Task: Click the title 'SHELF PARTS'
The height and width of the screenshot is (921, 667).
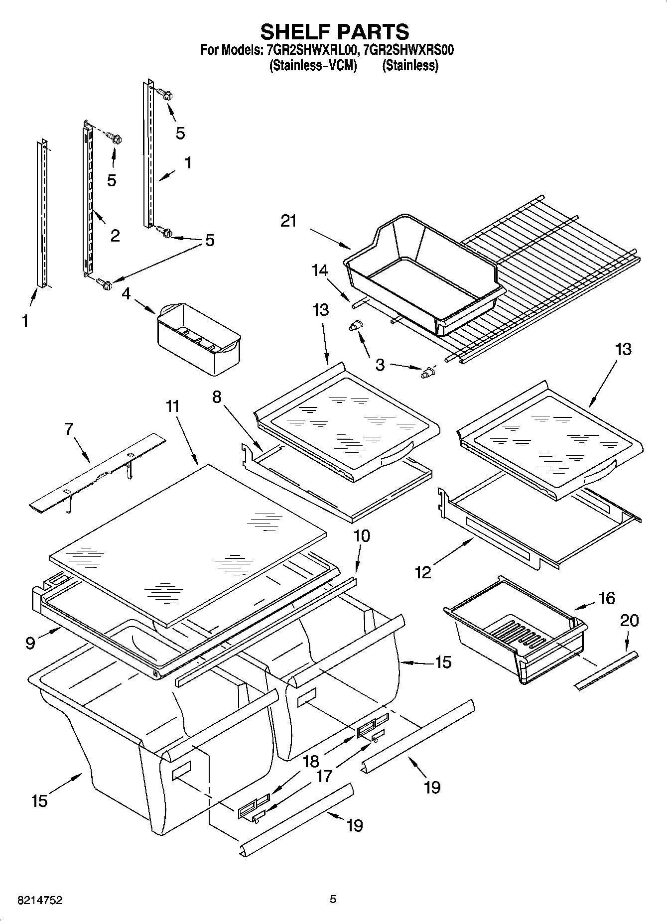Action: coord(334,32)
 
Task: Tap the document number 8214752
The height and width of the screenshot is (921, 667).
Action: coord(40,900)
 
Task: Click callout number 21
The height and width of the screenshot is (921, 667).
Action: coord(288,221)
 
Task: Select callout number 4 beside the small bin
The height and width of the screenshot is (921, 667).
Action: coord(127,294)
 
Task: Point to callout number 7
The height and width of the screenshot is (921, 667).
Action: coord(69,428)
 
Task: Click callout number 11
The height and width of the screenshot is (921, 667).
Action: coord(172,407)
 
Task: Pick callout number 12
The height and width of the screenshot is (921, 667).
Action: coord(423,572)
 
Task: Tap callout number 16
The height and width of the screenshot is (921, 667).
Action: coord(606,598)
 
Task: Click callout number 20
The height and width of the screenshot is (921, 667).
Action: coord(630,621)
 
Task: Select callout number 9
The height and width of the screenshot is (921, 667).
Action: coord(30,644)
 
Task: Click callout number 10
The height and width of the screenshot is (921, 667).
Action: coord(362,536)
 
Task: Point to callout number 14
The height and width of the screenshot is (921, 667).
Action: coord(320,270)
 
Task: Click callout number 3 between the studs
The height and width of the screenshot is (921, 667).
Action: coord(380,365)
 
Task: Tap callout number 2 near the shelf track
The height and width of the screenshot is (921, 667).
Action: coord(115,235)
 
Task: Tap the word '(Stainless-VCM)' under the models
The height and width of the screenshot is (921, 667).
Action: coord(313,66)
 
